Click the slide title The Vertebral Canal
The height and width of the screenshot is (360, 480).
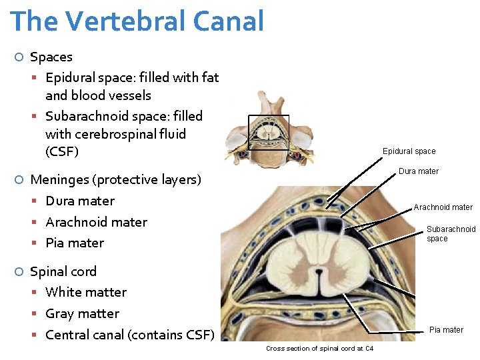click(x=137, y=21)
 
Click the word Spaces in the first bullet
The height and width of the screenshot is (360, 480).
click(x=51, y=57)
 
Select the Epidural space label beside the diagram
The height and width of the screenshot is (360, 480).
click(x=409, y=151)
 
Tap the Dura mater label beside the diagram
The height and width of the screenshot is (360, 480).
click(x=418, y=171)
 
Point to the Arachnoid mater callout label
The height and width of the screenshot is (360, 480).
click(x=443, y=207)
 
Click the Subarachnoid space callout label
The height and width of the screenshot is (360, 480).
click(x=451, y=233)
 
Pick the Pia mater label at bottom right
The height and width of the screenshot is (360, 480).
click(x=446, y=330)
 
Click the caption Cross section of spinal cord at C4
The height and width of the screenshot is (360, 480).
click(x=319, y=349)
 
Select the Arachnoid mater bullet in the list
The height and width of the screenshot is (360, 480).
click(x=96, y=222)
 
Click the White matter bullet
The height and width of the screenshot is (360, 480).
click(x=85, y=292)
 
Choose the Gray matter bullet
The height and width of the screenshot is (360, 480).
click(x=82, y=313)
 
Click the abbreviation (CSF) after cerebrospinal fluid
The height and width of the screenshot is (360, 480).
click(x=62, y=151)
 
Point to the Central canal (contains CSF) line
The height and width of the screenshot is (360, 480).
click(x=129, y=334)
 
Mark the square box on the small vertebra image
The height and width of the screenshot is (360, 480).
click(x=269, y=132)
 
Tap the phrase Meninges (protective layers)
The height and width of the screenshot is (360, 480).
click(x=115, y=179)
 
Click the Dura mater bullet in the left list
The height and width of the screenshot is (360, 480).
click(x=80, y=201)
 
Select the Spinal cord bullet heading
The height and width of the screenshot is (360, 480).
click(x=63, y=271)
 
